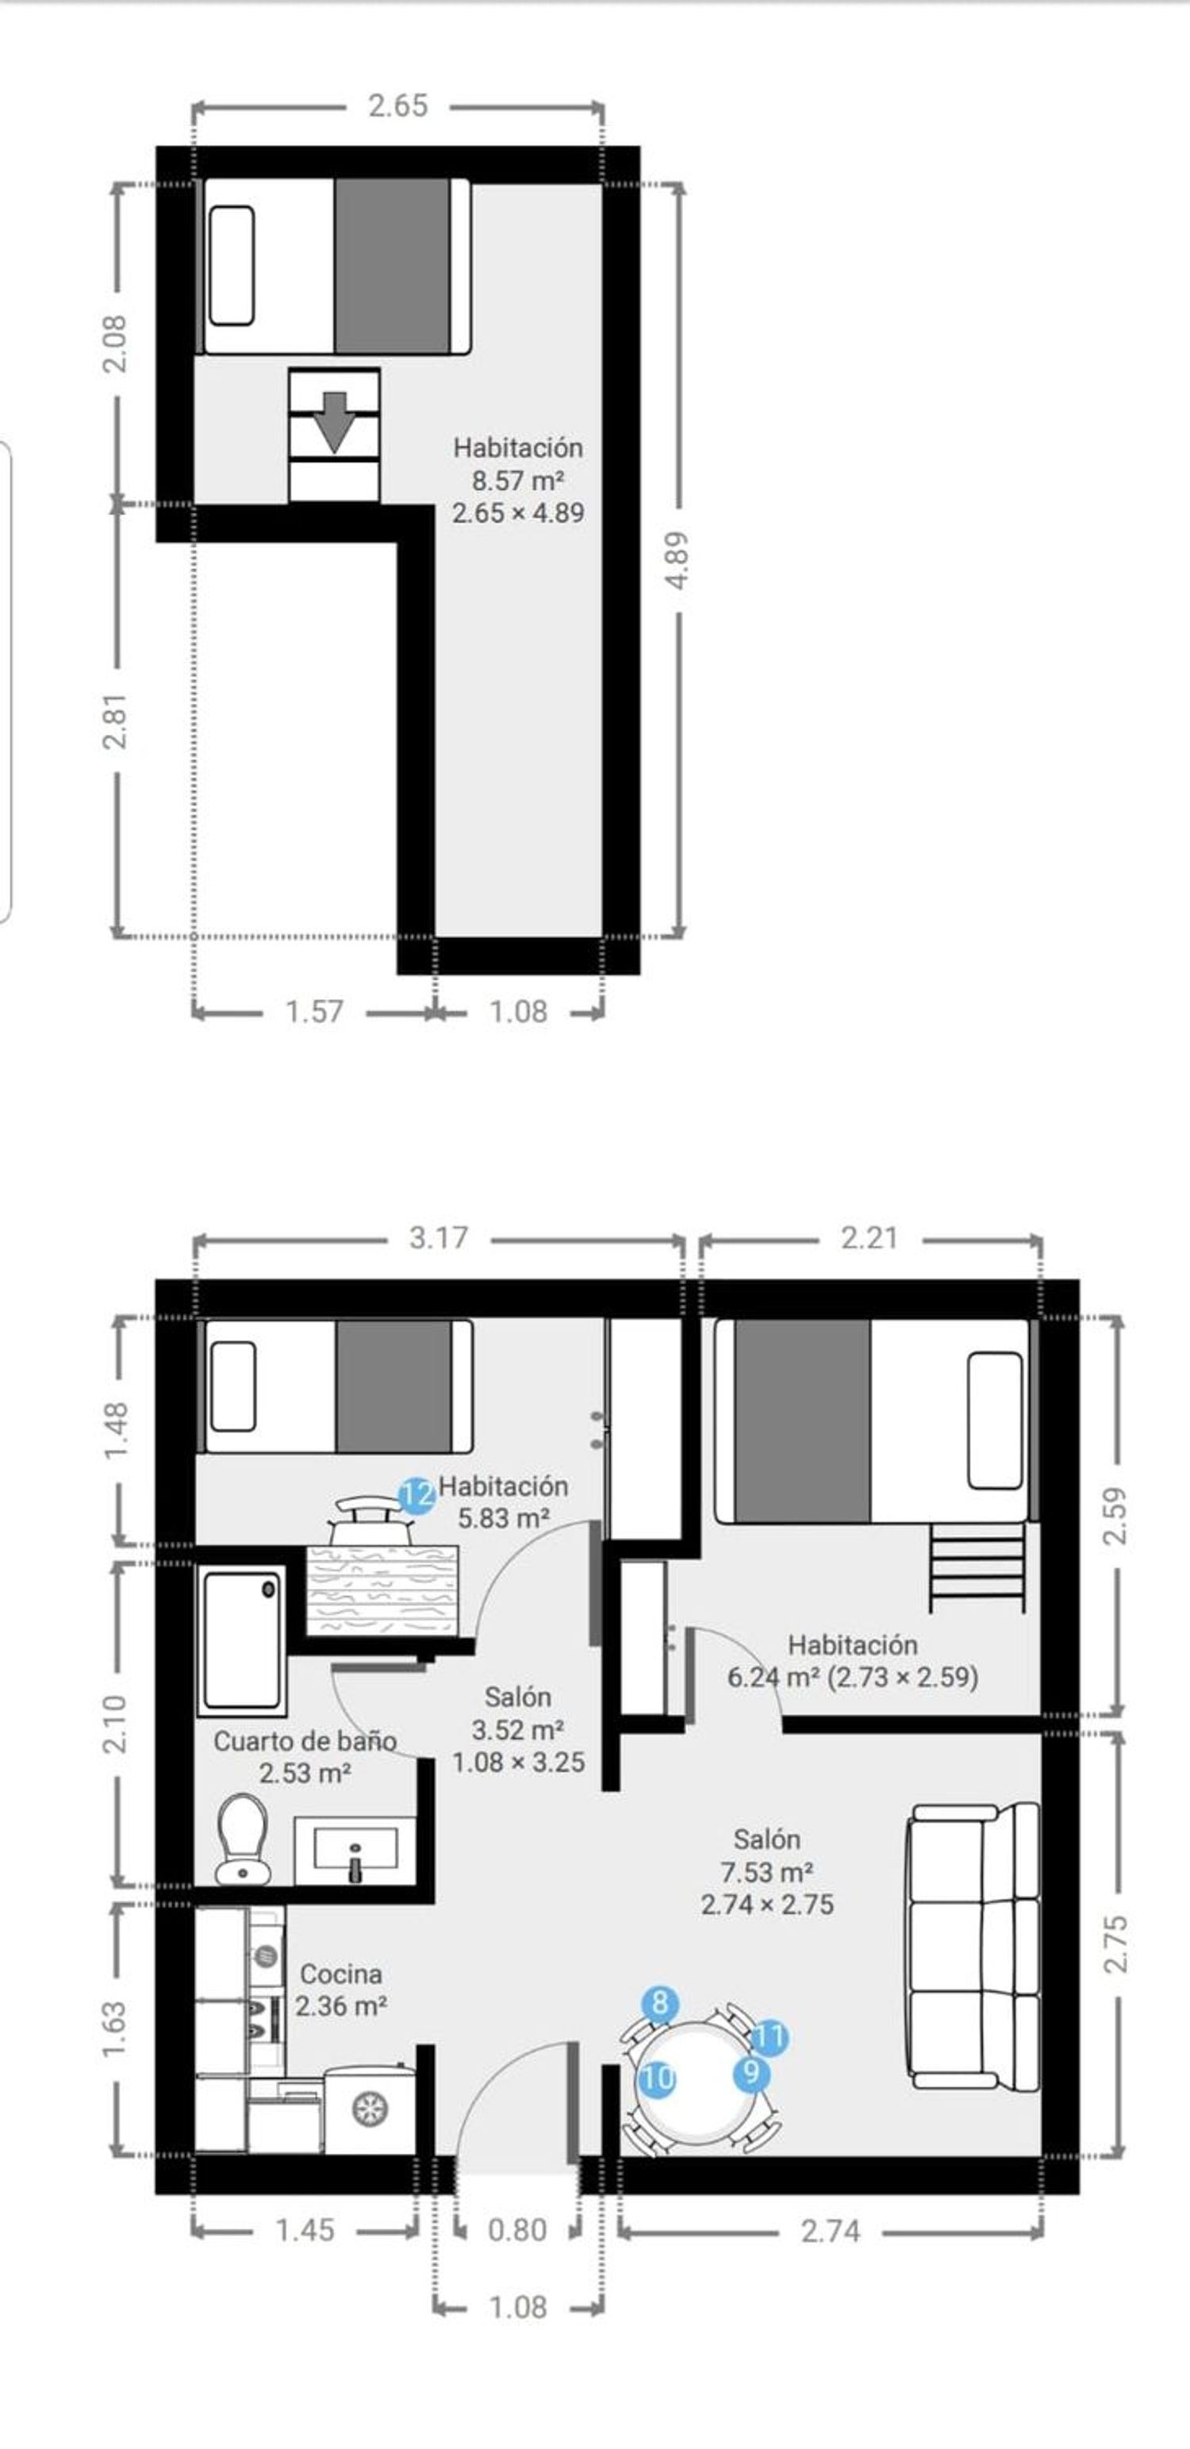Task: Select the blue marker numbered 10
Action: point(657,2079)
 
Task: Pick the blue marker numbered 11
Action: point(770,2037)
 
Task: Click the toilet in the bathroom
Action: point(243,1839)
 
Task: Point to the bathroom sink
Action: point(355,1850)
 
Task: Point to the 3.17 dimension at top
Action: point(438,1238)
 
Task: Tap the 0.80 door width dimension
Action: point(517,2229)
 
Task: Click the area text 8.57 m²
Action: point(518,480)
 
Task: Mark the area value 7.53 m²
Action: point(766,1872)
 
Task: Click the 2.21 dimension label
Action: point(869,1238)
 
